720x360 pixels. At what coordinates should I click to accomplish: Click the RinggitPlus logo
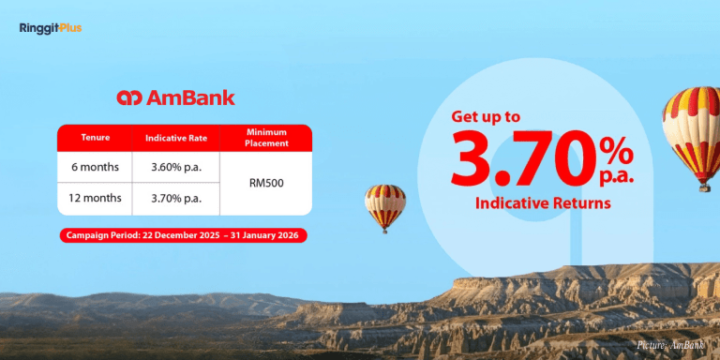[50, 28]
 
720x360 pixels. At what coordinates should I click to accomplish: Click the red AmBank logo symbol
[128, 98]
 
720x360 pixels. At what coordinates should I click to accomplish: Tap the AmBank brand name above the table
[189, 98]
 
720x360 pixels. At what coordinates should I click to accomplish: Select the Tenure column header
[95, 138]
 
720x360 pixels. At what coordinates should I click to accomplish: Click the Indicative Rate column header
[176, 138]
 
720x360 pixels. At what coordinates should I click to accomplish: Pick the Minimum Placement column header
[265, 138]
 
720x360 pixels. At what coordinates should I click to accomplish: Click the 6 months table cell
[95, 166]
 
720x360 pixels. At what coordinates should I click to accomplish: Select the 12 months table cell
[95, 198]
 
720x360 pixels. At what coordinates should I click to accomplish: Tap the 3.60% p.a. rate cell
[176, 166]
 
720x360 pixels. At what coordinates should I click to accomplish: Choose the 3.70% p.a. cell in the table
[176, 198]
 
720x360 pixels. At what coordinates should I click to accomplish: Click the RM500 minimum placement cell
[265, 182]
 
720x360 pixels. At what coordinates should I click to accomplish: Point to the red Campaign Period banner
[182, 234]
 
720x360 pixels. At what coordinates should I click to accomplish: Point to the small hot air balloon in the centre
[385, 206]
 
